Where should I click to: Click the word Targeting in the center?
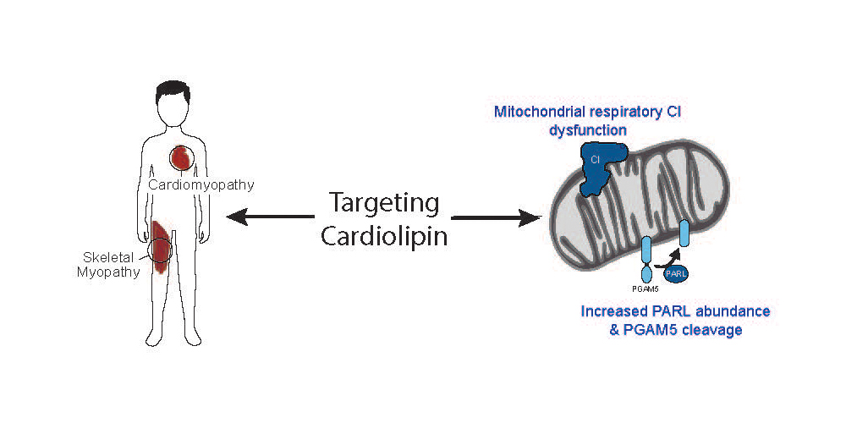tap(383, 204)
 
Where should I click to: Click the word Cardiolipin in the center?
tap(383, 236)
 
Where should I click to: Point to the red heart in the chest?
tap(184, 157)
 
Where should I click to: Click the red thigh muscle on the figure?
tap(161, 246)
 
